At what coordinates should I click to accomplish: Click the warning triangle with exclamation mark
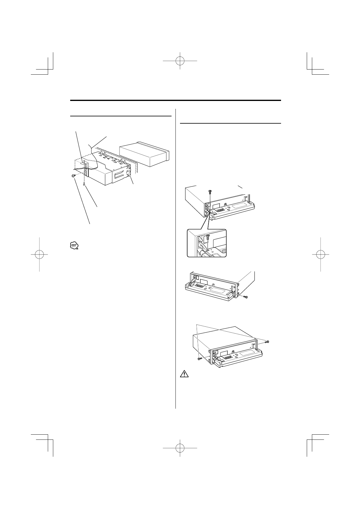click(184, 374)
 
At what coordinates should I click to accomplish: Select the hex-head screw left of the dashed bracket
click(74, 176)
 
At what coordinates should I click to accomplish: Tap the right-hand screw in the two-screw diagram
click(267, 342)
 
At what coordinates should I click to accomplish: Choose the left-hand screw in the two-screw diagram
click(200, 358)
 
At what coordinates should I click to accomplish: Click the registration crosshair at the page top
click(180, 61)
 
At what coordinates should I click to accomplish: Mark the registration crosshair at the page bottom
click(180, 448)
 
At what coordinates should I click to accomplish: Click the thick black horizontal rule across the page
click(175, 100)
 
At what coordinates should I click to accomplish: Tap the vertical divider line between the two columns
click(175, 257)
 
